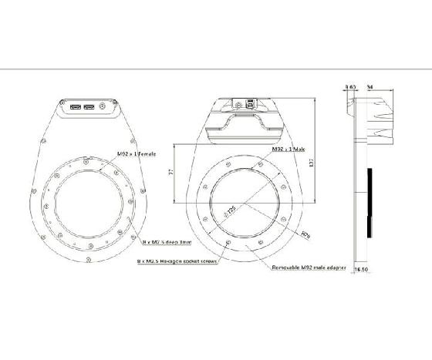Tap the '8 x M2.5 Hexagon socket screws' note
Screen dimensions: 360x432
point(177,261)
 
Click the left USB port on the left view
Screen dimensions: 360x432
point(77,107)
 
